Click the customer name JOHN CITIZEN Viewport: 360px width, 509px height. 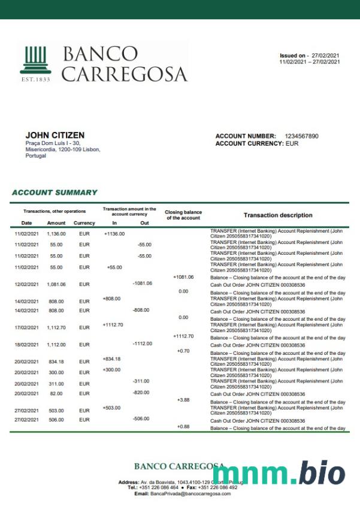[55, 135]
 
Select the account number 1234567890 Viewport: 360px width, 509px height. [301, 136]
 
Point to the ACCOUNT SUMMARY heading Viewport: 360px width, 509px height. [55, 192]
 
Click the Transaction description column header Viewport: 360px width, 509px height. [277, 215]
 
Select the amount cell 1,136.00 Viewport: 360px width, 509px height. [56, 234]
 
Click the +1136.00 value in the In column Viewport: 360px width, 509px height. [114, 234]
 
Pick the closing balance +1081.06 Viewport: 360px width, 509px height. [183, 277]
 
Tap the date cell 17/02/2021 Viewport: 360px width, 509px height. [26, 328]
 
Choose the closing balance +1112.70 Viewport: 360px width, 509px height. [183, 336]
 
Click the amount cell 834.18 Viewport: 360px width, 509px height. [56, 362]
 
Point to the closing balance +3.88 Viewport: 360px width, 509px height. [183, 400]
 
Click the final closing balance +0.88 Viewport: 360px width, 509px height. [183, 426]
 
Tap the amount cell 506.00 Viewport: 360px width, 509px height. [56, 420]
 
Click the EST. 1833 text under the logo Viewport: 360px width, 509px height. [35, 79]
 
